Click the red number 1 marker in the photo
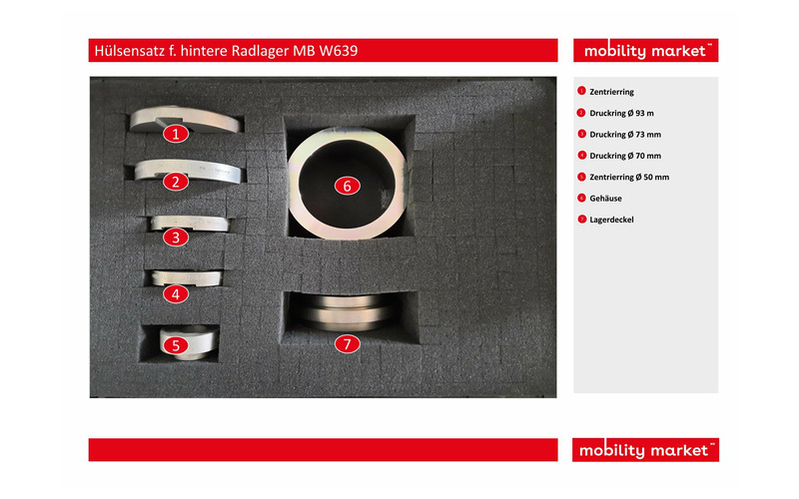pos(176,134)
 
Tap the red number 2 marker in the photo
pos(176,182)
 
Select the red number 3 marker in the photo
pos(176,238)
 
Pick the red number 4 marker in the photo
pos(176,293)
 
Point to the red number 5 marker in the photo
pos(176,345)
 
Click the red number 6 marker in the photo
pos(347,186)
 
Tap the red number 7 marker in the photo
pos(347,344)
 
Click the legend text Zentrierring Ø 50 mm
pos(629,178)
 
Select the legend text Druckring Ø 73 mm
pos(625,135)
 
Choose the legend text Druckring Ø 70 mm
pos(625,156)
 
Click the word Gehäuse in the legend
pos(605,199)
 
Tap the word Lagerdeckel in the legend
pos(611,220)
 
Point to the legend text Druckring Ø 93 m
pos(621,113)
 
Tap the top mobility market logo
pos(645,51)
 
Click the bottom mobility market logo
pos(645,450)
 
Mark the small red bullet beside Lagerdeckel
pos(581,219)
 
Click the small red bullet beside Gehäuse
pos(581,198)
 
